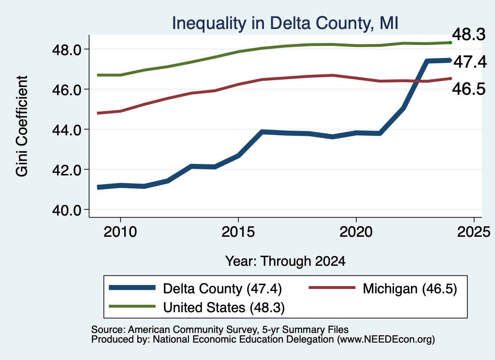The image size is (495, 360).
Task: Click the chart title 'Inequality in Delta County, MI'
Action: (x=285, y=23)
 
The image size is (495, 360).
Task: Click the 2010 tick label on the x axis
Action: (x=120, y=232)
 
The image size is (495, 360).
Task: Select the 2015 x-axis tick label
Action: (x=238, y=232)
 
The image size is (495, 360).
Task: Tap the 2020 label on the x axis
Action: (x=356, y=232)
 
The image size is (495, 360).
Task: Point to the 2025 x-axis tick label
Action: (x=474, y=232)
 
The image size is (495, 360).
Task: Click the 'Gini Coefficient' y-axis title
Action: (x=22, y=126)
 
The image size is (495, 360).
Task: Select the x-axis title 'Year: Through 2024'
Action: (x=285, y=261)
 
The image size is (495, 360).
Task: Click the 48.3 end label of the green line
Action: (x=469, y=34)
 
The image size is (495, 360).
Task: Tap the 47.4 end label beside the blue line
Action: (x=470, y=62)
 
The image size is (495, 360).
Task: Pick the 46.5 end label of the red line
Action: (x=469, y=89)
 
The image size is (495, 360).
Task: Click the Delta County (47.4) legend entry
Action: (x=195, y=288)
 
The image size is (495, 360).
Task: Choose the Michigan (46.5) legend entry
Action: (x=383, y=288)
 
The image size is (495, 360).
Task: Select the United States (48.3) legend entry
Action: (x=197, y=307)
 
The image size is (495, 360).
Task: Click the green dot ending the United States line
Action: (x=451, y=43)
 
